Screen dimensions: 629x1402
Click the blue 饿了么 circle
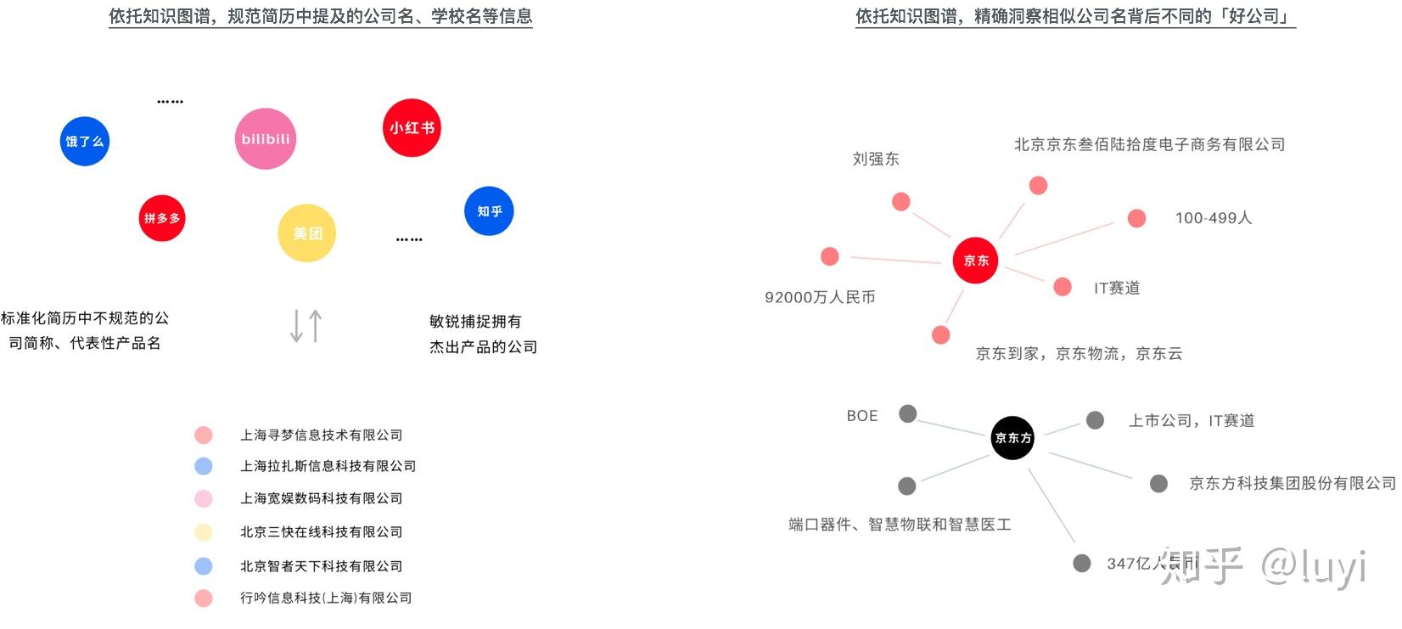pos(85,141)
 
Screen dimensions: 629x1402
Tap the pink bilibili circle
pos(266,138)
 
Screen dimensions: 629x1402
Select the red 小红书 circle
pos(412,128)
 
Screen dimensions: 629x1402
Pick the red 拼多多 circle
pos(162,218)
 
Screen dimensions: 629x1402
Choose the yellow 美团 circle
pos(307,233)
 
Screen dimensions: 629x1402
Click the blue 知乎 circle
pos(489,211)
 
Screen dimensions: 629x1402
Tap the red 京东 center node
pos(975,260)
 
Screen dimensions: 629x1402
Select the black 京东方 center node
pos(1012,437)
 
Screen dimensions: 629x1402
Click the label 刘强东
pos(876,159)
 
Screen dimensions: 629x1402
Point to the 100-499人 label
pos(1213,218)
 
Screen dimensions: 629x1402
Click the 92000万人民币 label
pos(820,297)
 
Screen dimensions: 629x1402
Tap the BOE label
pos(862,416)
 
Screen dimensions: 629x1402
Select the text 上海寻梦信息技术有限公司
pos(321,435)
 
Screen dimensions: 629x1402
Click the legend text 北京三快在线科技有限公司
pos(321,532)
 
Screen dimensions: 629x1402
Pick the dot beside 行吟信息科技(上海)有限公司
pos(203,598)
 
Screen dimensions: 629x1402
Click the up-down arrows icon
pos(306,325)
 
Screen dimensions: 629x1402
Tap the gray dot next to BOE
pos(908,413)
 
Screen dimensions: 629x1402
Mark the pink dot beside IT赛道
pos(1063,287)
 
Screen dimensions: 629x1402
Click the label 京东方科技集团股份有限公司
pos(1293,483)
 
